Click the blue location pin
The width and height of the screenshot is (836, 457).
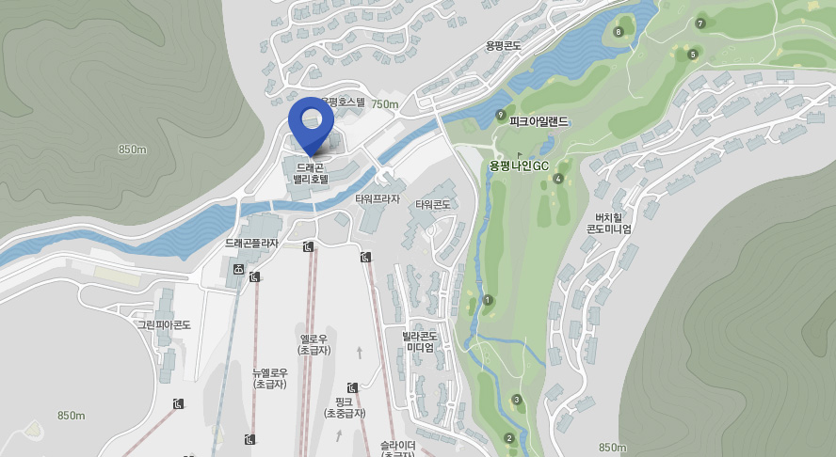311,122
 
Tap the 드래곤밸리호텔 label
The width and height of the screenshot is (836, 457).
310,173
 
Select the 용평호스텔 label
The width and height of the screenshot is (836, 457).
343,102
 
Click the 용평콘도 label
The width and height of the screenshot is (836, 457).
504,45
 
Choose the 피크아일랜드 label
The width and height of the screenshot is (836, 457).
539,121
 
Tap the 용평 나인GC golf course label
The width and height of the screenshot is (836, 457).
519,165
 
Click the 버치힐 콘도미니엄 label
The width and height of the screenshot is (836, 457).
609,222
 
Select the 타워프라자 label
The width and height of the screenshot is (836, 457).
378,199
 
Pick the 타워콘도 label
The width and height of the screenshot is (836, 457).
433,204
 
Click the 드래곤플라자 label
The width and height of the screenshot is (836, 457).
251,243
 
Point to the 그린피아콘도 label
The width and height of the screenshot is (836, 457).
165,324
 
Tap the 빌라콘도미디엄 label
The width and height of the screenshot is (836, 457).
420,341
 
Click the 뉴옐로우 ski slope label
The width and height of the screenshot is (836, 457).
270,378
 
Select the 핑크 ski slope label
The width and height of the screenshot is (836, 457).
344,407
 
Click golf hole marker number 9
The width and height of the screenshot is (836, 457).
501,116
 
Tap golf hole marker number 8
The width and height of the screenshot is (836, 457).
618,32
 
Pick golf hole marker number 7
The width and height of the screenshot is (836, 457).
700,24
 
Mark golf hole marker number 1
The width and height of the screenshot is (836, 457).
488,300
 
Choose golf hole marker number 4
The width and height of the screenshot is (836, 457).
558,179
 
